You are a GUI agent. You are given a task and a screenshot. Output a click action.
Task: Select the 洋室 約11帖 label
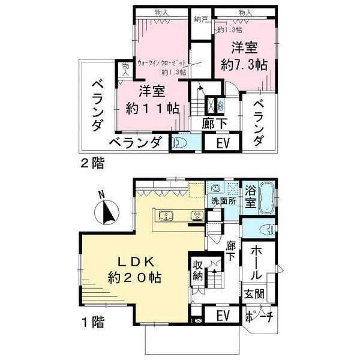[152, 100]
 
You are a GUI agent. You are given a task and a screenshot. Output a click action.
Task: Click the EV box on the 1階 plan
[221, 316]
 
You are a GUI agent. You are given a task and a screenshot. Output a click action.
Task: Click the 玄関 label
[254, 295]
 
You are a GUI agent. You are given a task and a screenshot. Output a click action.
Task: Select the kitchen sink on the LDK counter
[166, 216]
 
